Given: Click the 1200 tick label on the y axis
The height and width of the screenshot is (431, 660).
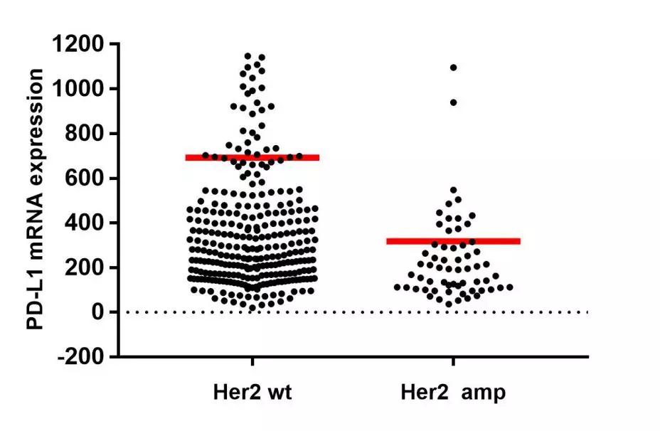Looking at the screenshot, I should click(79, 45).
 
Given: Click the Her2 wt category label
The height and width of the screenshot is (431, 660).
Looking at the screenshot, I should click(252, 393).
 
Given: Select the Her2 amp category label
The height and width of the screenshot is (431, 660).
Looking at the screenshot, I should click(453, 393).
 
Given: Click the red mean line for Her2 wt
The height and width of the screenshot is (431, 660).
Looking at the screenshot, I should click(252, 157).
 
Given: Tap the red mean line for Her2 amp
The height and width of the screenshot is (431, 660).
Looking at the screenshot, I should click(454, 241).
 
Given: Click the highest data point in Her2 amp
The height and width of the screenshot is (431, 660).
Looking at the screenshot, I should click(453, 68).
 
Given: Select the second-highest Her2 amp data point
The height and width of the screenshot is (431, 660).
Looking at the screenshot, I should click(453, 102).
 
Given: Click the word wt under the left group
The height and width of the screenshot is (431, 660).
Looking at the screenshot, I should click(278, 393).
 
